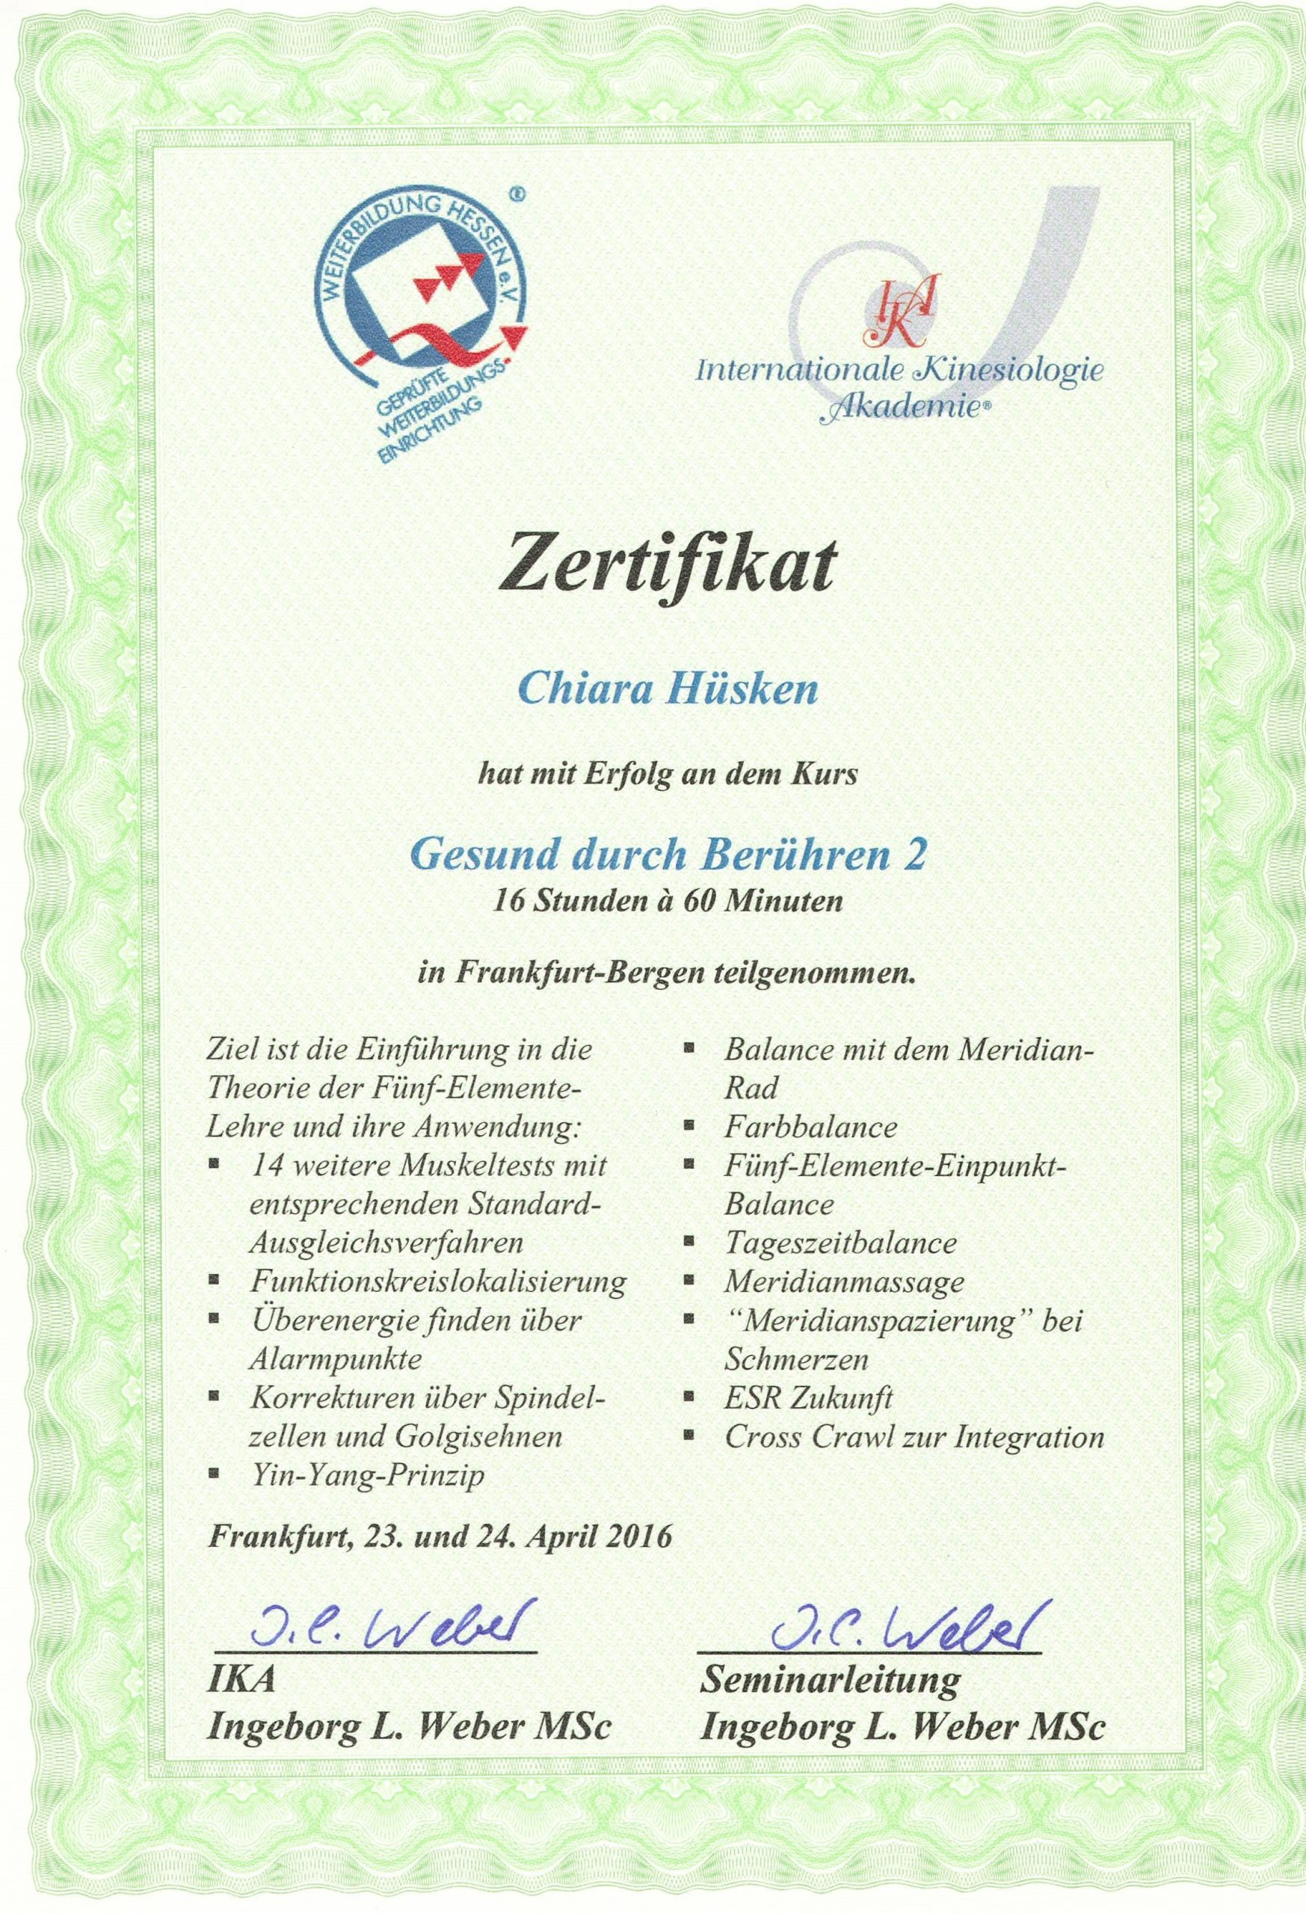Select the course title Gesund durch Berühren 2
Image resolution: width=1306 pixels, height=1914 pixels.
click(668, 855)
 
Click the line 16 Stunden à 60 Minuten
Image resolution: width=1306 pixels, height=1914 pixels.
click(667, 901)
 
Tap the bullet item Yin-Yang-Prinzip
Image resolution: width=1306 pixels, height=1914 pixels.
click(366, 1474)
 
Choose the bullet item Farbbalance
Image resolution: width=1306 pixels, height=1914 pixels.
click(810, 1126)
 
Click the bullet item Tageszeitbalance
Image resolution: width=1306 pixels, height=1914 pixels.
click(840, 1242)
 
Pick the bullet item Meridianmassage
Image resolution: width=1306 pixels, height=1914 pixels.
click(844, 1281)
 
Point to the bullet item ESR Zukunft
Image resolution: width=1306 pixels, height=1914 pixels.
click(809, 1397)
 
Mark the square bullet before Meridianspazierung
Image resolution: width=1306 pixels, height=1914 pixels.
click(690, 1320)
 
